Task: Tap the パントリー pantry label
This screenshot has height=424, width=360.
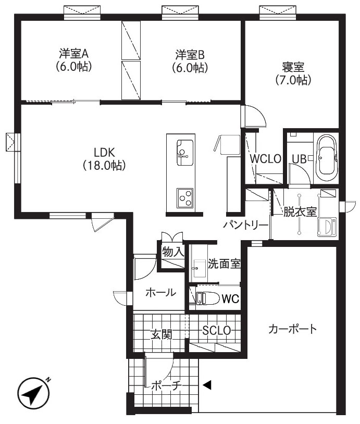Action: pos(246,225)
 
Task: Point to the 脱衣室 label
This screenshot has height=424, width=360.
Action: pos(301,212)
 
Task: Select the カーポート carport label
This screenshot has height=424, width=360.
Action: pos(292,329)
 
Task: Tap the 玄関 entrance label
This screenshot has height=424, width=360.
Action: pos(162,334)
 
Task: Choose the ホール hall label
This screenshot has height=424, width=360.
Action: pos(160,293)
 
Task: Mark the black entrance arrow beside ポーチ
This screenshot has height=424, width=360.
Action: pos(207,385)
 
